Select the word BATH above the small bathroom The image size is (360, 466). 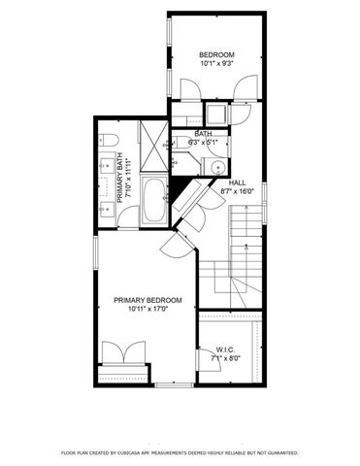(203, 134)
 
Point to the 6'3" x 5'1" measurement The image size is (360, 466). (203, 143)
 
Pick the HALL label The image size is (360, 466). (237, 183)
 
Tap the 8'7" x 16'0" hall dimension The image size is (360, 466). (237, 192)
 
